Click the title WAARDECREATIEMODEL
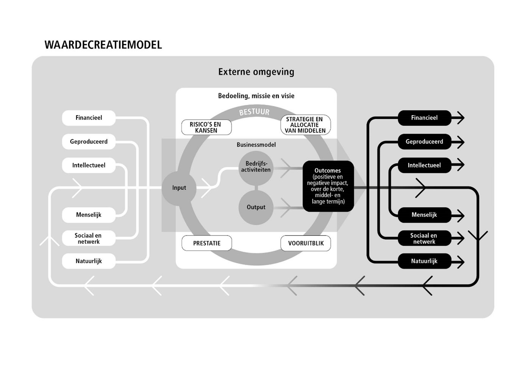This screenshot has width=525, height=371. click(103, 45)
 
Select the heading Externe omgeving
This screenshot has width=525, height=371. click(256, 72)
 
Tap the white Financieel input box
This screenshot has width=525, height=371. click(89, 118)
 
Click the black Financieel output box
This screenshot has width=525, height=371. click(424, 118)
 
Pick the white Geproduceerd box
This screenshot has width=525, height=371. click(89, 142)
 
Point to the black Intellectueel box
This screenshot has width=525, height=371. click(424, 165)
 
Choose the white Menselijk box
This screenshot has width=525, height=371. click(89, 215)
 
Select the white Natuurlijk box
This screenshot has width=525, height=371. click(89, 261)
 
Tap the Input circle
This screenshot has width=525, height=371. click(179, 188)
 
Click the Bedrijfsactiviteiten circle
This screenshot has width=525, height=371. click(256, 167)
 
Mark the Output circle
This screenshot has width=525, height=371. click(256, 207)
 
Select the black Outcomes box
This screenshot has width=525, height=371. click(328, 186)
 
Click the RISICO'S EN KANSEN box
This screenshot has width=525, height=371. click(206, 127)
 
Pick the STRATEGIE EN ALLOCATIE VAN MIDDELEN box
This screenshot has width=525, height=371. click(305, 125)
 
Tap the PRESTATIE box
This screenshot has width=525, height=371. click(207, 243)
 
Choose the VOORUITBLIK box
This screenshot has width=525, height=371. click(306, 243)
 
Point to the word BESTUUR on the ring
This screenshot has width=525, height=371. click(254, 112)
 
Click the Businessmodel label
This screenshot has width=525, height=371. click(256, 145)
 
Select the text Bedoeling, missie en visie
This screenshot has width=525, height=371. click(256, 96)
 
